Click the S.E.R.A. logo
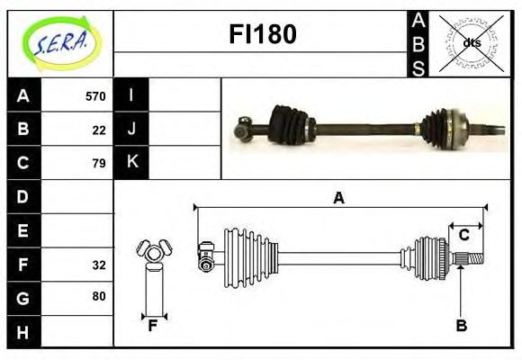click(60, 43)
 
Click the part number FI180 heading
click(262, 34)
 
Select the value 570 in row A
click(95, 96)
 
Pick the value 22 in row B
click(99, 130)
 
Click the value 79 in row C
click(99, 163)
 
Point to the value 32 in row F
click(99, 265)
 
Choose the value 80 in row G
click(99, 296)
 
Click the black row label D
click(23, 196)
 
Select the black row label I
click(131, 95)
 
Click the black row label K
click(131, 163)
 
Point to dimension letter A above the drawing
click(338, 198)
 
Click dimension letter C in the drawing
click(463, 235)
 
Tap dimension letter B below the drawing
click(461, 326)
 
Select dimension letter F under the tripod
click(153, 326)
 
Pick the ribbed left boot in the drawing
click(243, 253)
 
